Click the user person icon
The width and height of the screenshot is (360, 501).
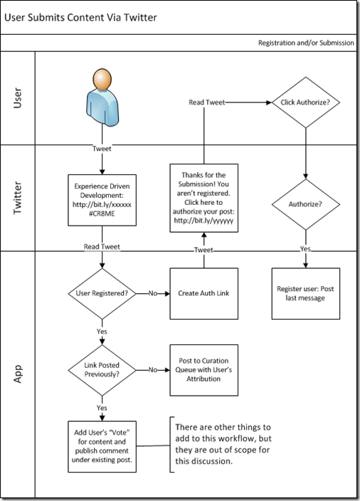coord(102,97)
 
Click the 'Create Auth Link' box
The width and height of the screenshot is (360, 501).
coord(203,293)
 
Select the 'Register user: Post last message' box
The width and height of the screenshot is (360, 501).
coord(306,293)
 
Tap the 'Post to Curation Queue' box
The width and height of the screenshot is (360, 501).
coord(203,370)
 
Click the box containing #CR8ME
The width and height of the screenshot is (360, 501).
coord(102,200)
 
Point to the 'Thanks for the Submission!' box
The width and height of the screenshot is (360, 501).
coord(203,198)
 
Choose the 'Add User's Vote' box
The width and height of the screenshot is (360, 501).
coord(102,446)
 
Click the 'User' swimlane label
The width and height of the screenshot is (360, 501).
coord(18,98)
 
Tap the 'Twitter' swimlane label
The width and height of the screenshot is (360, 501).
coord(18,198)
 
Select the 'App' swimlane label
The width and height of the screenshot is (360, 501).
coord(18,374)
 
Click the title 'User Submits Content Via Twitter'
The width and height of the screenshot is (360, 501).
coord(80,17)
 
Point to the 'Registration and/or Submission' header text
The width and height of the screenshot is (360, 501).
coord(306,43)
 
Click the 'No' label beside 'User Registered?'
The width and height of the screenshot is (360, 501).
coord(153,293)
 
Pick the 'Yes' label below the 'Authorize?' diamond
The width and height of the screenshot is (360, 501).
coord(305,248)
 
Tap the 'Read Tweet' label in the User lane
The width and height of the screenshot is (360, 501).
coord(206,102)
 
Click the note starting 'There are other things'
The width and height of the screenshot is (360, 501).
coord(223,444)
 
